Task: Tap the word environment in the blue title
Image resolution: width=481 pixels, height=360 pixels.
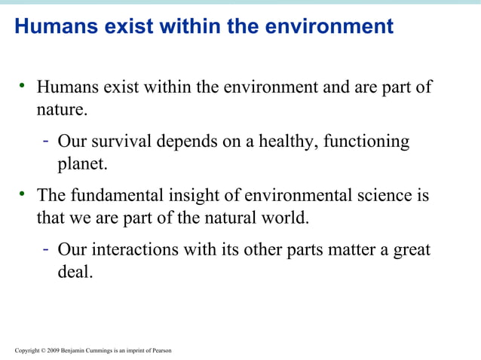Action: [x=328, y=26]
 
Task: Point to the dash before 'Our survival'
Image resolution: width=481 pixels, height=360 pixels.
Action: [x=47, y=141]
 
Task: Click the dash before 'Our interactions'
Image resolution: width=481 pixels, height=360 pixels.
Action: [x=47, y=249]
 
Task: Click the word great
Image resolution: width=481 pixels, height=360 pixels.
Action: [x=411, y=250]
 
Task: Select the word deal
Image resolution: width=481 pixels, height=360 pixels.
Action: [x=74, y=272]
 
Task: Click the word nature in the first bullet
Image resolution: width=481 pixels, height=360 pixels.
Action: [x=60, y=109]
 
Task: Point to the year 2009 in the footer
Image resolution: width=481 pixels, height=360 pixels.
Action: [x=54, y=350]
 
